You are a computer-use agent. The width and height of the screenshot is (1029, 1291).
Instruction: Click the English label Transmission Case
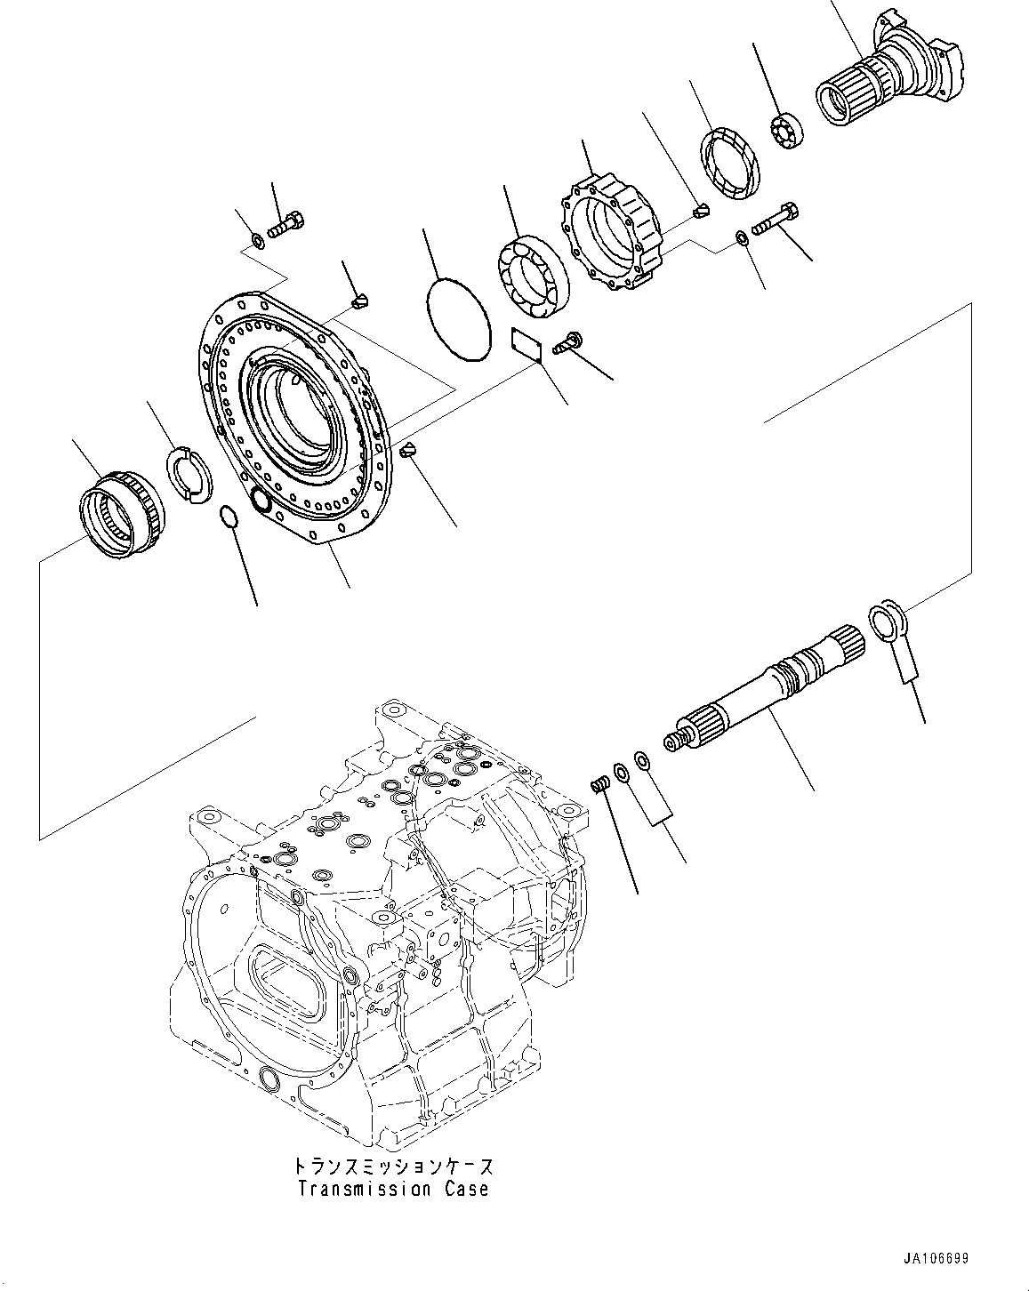[393, 1189]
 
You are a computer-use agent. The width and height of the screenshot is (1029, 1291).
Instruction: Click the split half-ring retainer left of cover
[188, 472]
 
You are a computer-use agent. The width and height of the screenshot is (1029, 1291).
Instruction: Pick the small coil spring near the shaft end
[600, 783]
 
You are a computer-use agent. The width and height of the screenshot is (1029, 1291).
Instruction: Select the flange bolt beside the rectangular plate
[567, 343]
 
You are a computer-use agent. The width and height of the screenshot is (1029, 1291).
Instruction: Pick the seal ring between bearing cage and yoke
[731, 162]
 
